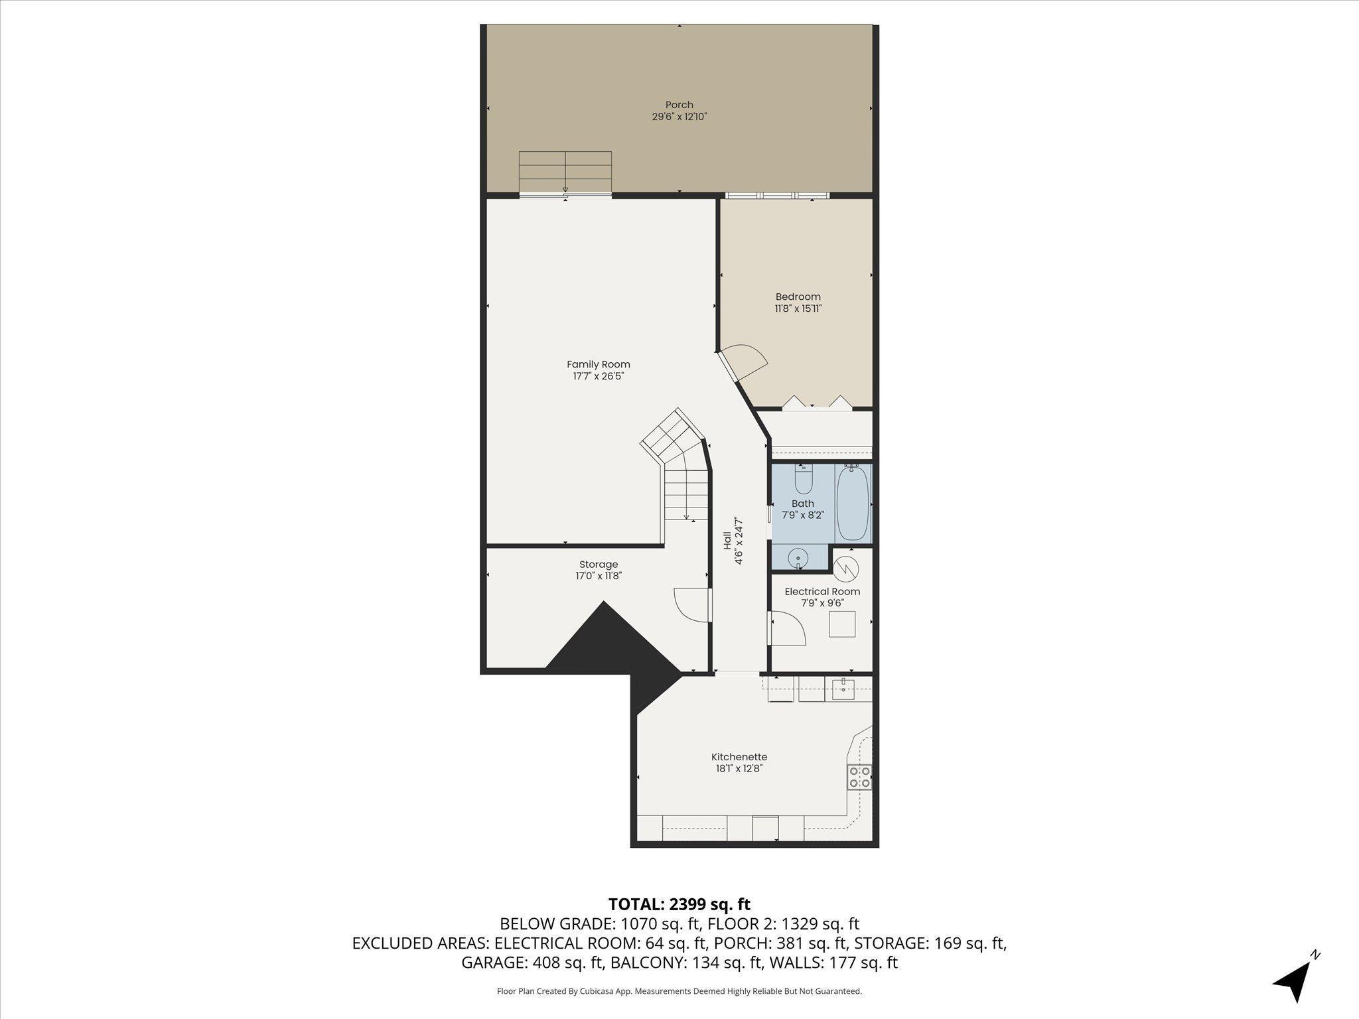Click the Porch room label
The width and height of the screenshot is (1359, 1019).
[x=679, y=105]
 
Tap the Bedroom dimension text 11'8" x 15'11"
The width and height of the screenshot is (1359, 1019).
[x=798, y=308]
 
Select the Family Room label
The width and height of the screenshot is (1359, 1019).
[x=599, y=364]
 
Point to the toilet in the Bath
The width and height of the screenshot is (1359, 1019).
[x=804, y=479]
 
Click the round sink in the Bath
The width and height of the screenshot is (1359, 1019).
[x=798, y=559]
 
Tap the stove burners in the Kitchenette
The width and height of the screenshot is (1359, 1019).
[x=859, y=777]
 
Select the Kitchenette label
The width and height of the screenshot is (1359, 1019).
[x=739, y=757]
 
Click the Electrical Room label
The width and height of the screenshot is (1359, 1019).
[x=822, y=592]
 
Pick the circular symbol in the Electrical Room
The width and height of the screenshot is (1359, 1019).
[x=846, y=568]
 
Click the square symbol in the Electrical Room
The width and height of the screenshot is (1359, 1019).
[x=842, y=624]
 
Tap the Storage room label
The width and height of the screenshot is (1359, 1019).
[x=599, y=565]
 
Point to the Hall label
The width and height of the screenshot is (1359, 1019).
[x=727, y=540]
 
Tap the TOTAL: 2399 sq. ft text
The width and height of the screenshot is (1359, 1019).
[x=679, y=904]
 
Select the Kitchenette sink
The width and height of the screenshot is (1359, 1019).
[x=843, y=689]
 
